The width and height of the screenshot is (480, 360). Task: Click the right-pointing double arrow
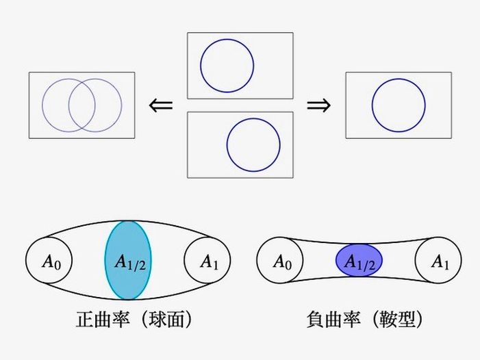pyautogui.click(x=318, y=105)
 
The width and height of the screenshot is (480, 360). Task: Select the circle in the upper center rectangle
pyautogui.click(x=227, y=66)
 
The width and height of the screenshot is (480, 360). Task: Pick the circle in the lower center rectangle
pyautogui.click(x=253, y=145)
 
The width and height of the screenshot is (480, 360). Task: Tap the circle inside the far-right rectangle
pyautogui.click(x=399, y=105)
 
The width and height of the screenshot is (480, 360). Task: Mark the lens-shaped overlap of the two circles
pyautogui.click(x=81, y=105)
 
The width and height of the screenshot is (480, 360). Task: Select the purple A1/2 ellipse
pyautogui.click(x=359, y=261)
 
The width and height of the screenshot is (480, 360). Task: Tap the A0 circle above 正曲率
pyautogui.click(x=49, y=261)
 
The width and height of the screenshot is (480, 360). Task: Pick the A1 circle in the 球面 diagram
pyautogui.click(x=208, y=261)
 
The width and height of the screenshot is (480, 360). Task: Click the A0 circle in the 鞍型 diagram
pyautogui.click(x=280, y=261)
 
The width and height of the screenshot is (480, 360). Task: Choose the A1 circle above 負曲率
pyautogui.click(x=438, y=261)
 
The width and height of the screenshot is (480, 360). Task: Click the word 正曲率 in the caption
pyautogui.click(x=99, y=319)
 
